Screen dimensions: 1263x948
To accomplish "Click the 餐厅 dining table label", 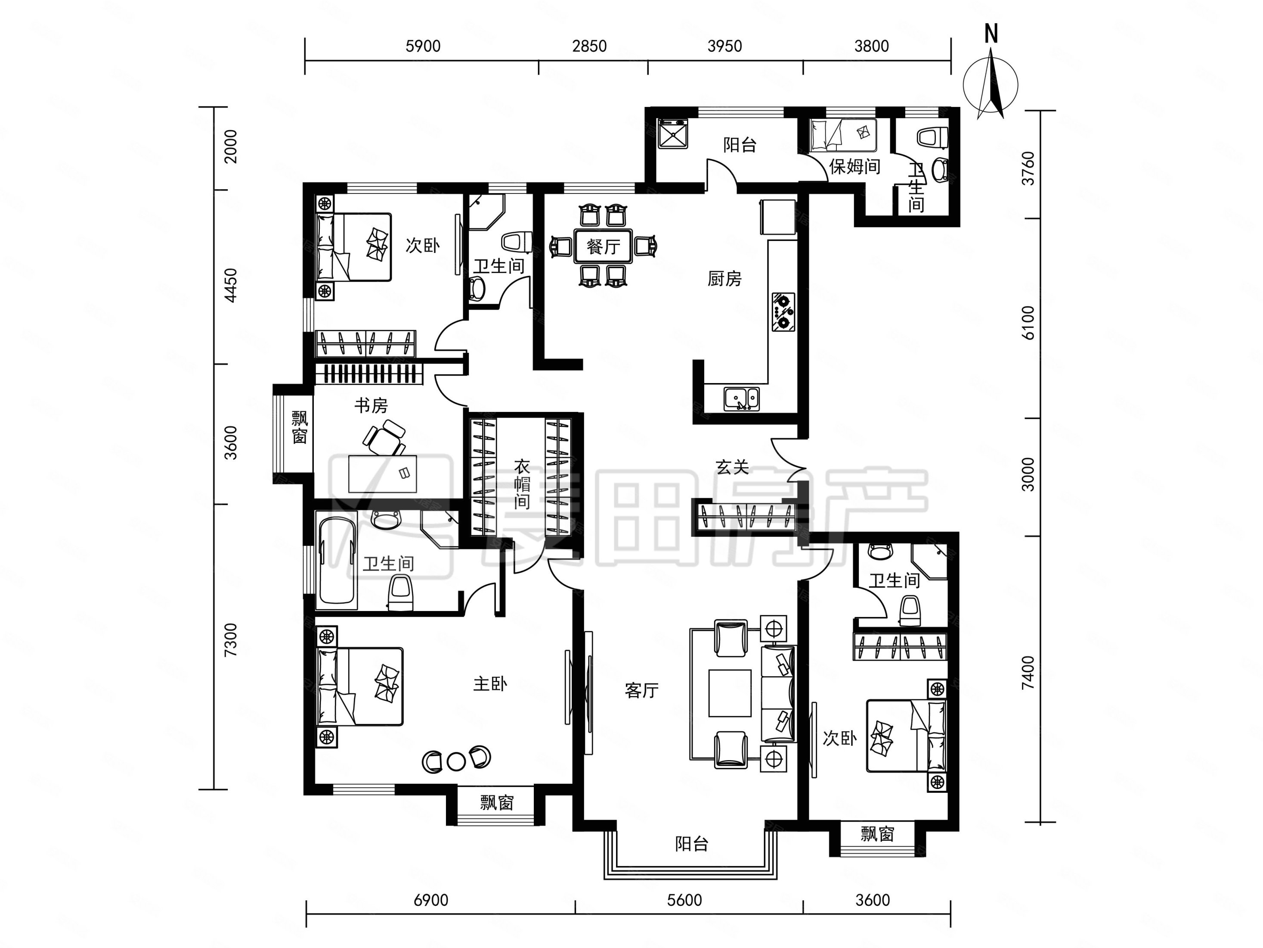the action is point(603,247).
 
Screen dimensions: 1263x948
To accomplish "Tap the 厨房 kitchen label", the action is point(724,279).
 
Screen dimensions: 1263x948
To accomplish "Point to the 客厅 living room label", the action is point(642,690).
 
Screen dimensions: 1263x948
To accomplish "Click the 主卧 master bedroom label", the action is point(490,683).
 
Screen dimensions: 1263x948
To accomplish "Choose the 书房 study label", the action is point(371,406).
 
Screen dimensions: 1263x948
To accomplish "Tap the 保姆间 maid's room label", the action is point(855,166).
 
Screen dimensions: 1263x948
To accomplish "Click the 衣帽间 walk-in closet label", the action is point(522,484).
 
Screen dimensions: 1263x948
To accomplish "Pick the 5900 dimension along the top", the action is point(423,46).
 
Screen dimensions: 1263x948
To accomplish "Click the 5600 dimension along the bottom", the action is point(684,900).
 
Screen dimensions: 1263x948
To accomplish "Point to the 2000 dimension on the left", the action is point(231,146).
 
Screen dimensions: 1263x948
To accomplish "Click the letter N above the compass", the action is point(991,34).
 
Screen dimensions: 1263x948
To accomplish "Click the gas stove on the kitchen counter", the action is point(783,312).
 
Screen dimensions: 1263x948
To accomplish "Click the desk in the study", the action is point(383,473).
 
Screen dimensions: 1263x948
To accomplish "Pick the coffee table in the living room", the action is point(730,693).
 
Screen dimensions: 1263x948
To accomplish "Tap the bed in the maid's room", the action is point(843,135).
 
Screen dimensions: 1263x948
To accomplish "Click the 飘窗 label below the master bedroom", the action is point(497,803).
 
